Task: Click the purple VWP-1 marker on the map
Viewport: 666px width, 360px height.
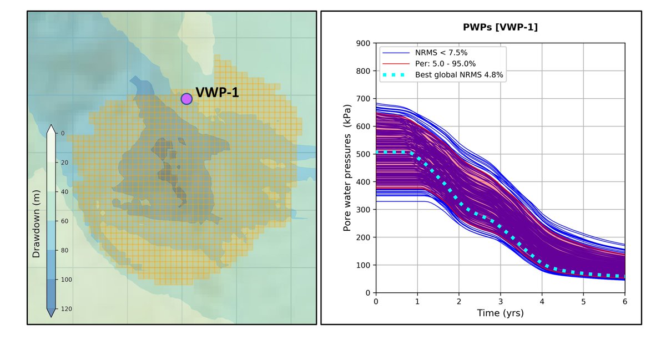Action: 186,99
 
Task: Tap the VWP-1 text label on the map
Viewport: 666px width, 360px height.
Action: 217,93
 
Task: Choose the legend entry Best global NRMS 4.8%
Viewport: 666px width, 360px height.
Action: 459,75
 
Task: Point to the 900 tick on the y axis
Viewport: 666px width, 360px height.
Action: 363,43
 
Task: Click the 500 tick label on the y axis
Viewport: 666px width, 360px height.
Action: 363,154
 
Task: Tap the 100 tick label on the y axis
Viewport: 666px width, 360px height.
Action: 363,265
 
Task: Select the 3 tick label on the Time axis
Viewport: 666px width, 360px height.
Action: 501,301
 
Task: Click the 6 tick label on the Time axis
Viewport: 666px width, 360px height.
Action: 625,301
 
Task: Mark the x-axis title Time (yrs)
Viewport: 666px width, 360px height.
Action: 500,313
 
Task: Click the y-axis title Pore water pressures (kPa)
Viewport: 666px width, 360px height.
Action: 347,168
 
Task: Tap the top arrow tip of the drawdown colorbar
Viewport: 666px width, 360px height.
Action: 50,126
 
